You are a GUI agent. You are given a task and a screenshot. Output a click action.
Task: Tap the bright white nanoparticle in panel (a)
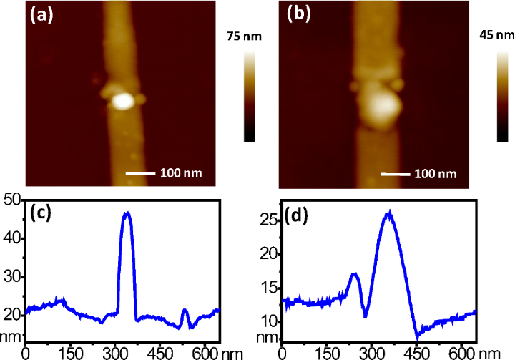pos(122,100)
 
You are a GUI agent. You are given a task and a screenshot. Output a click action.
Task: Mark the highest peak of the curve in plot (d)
pos(388,212)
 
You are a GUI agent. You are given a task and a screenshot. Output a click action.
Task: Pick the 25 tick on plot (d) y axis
pos(269,220)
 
